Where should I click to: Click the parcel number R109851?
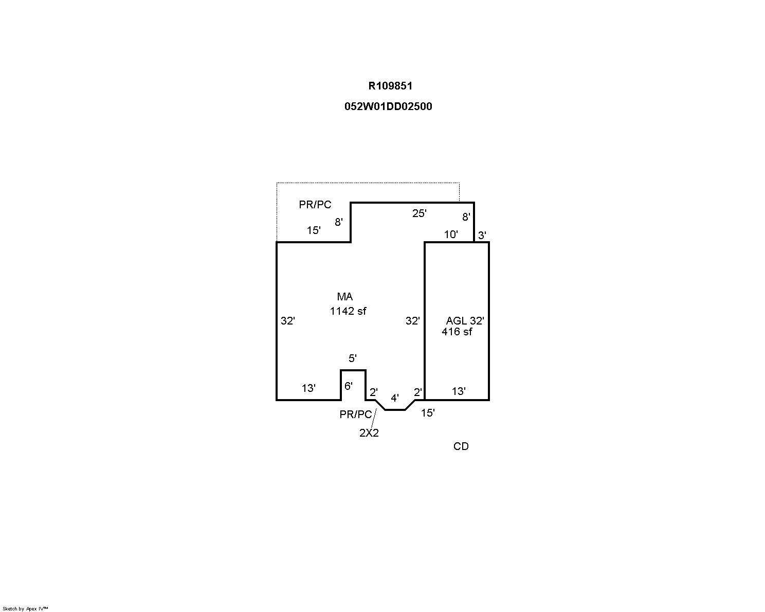pyautogui.click(x=390, y=86)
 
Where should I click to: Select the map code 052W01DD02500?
pyautogui.click(x=388, y=106)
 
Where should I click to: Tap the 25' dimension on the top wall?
pyautogui.click(x=419, y=213)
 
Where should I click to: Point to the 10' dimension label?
pyautogui.click(x=451, y=235)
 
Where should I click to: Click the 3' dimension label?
pyautogui.click(x=482, y=236)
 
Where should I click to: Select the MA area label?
pyautogui.click(x=345, y=297)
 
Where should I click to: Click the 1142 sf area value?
pyautogui.click(x=348, y=311)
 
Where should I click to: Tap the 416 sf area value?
pyautogui.click(x=457, y=332)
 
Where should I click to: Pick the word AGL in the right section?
pyautogui.click(x=457, y=321)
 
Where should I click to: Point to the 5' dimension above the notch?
pyautogui.click(x=352, y=358)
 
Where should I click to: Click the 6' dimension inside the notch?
pyautogui.click(x=349, y=386)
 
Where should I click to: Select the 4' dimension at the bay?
pyautogui.click(x=395, y=398)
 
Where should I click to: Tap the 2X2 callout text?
pyautogui.click(x=369, y=433)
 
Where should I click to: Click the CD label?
pyautogui.click(x=461, y=446)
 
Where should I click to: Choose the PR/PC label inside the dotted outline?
pyautogui.click(x=315, y=205)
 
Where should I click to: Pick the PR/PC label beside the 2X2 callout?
pyautogui.click(x=355, y=415)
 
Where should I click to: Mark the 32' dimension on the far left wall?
pyautogui.click(x=287, y=321)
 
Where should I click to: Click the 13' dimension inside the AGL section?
pyautogui.click(x=459, y=391)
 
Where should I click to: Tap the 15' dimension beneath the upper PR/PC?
pyautogui.click(x=314, y=231)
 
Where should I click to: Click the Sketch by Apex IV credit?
pyautogui.click(x=25, y=609)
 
